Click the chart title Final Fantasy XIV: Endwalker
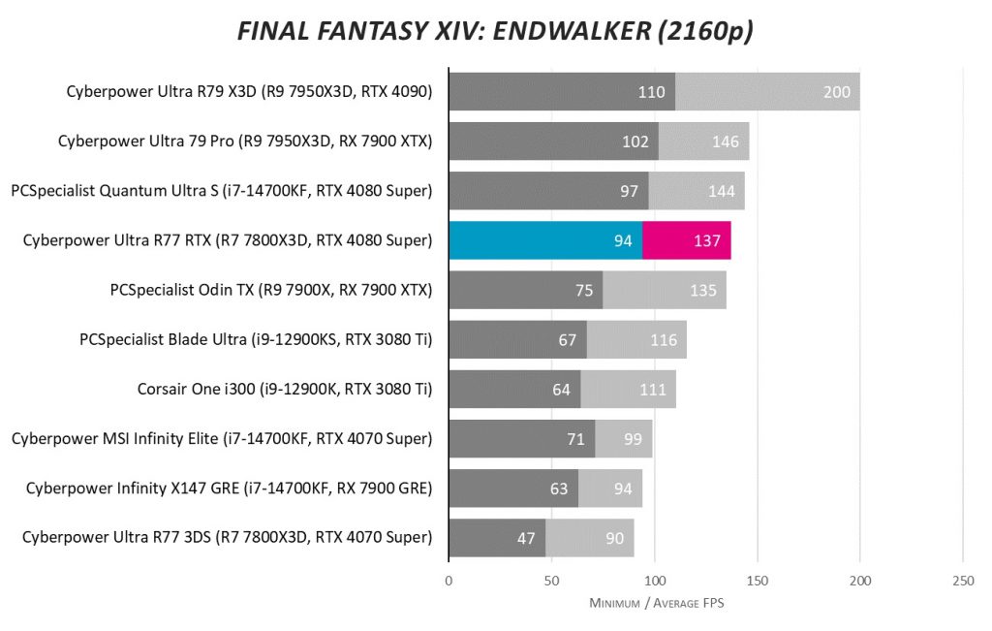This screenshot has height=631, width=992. tap(495, 32)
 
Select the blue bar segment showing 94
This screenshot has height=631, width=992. tap(544, 240)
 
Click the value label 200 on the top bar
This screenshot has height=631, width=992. tap(836, 92)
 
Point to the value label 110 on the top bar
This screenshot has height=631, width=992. tap(651, 92)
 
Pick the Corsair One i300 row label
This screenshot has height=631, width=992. tap(285, 389)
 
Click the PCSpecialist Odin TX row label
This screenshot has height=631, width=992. tap(272, 289)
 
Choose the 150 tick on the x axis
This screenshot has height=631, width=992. tap(757, 581)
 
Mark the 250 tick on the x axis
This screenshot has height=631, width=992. tap(962, 581)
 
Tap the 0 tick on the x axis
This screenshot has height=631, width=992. tap(449, 581)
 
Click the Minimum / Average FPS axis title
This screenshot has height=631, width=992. tap(657, 603)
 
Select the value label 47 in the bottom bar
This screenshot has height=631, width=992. tap(526, 538)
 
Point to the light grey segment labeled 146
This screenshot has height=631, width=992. tap(704, 142)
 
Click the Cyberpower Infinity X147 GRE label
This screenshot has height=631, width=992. tap(229, 488)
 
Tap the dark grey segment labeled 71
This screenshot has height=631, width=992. tap(521, 438)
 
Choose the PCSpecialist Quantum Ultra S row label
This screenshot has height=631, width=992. tap(221, 190)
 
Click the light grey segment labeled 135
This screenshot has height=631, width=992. tap(665, 290)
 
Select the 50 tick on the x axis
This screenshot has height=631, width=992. tap(551, 581)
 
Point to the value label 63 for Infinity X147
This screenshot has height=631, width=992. tap(559, 489)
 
